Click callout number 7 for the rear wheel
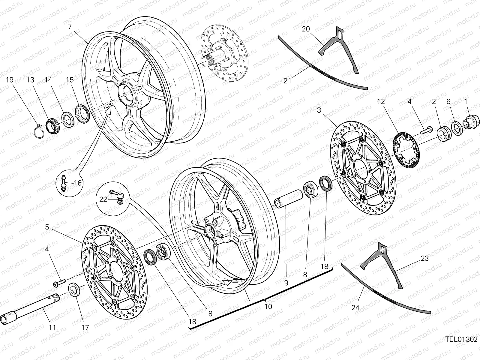click(x=70, y=27)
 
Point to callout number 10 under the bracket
click(x=268, y=306)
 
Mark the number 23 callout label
click(x=424, y=258)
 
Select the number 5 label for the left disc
click(x=47, y=227)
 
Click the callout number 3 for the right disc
click(x=319, y=110)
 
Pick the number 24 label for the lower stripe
click(x=355, y=307)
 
